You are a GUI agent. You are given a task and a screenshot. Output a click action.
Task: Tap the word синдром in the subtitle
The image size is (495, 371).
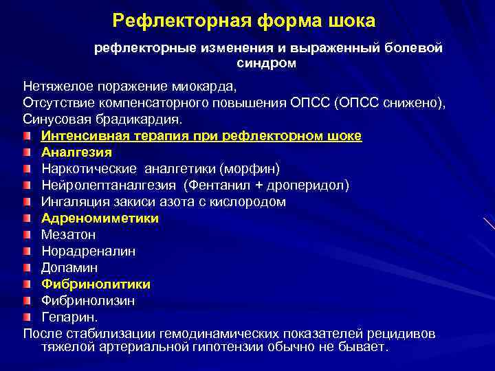point(269,63)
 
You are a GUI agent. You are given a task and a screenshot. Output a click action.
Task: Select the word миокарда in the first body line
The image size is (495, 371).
point(207,87)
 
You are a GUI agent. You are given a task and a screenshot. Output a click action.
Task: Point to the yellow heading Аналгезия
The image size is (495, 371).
point(76,152)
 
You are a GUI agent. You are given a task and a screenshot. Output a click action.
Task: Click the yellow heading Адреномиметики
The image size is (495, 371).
point(100,218)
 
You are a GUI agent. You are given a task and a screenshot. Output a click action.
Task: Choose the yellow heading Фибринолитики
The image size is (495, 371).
point(96,284)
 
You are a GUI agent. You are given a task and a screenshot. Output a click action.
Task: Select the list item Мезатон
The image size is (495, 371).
point(68,234)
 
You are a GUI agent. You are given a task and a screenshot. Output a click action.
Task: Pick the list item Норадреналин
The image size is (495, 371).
point(88,251)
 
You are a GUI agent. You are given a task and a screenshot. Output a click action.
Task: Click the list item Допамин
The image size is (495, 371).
point(69,267)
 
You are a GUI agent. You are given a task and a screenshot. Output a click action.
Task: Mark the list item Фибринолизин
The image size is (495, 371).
point(88,300)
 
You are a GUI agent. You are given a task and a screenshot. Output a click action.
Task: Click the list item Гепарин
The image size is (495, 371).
point(69,317)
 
